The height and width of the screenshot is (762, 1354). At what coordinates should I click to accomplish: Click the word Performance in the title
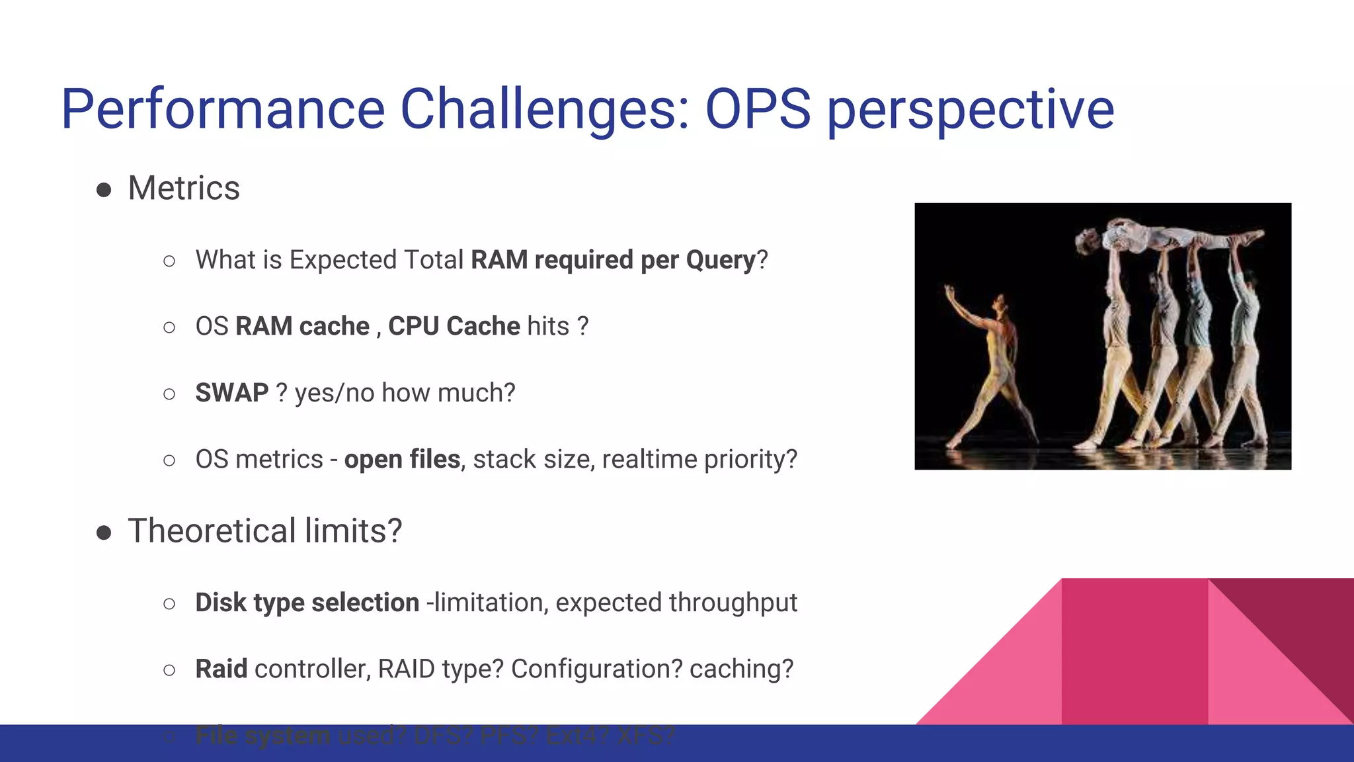click(x=223, y=109)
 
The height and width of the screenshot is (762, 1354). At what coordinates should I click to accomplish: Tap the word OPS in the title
click(x=758, y=109)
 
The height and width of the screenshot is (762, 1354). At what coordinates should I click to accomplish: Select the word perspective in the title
click(x=971, y=109)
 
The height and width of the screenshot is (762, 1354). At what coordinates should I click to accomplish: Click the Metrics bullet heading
click(x=184, y=189)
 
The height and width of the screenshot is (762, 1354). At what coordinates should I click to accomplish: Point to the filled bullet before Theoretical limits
click(x=104, y=532)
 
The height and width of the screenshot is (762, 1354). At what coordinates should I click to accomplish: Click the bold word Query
click(x=720, y=260)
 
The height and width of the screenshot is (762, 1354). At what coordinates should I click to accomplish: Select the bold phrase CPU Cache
click(x=454, y=326)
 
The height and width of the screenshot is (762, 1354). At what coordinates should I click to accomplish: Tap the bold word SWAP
click(x=231, y=393)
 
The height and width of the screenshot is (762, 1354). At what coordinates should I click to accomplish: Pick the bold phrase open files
click(x=402, y=459)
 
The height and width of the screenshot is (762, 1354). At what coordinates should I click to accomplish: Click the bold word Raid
click(x=221, y=669)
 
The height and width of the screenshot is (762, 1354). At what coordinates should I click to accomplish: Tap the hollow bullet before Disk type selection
click(x=169, y=603)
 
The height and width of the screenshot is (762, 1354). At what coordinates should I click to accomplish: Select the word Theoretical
click(x=212, y=531)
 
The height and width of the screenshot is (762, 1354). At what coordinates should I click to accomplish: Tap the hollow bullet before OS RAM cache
click(x=169, y=327)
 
